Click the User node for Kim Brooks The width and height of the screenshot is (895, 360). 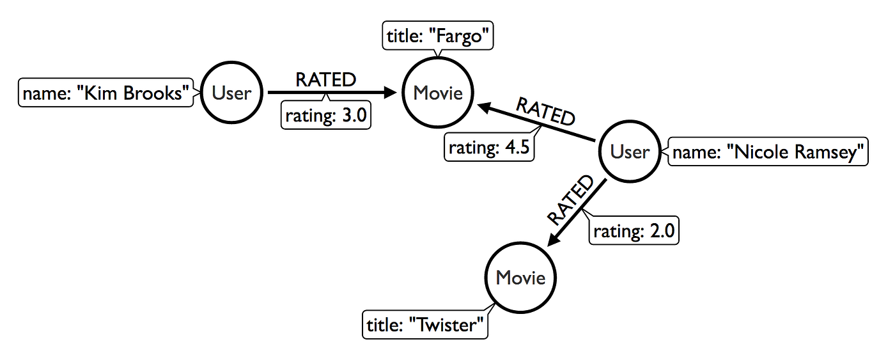231,93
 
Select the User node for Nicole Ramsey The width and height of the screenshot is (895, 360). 629,152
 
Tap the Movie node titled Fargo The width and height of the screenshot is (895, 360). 437,93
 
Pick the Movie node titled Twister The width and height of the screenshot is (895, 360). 520,278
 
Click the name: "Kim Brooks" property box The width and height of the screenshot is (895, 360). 106,94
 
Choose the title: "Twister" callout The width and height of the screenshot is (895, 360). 425,325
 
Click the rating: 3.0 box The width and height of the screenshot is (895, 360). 327,116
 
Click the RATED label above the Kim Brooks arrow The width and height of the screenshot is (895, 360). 325,80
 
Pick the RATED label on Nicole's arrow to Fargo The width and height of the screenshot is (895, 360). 545,111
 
